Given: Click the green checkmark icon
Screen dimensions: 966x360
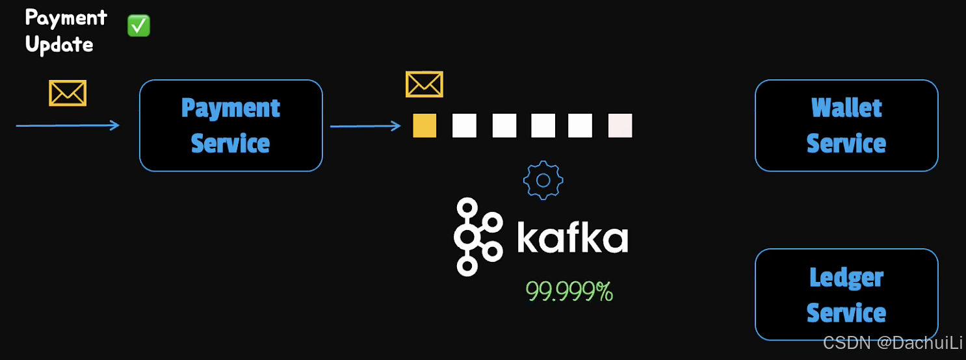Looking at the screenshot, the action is pyautogui.click(x=138, y=26).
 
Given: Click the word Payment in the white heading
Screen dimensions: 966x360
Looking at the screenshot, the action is pyautogui.click(x=66, y=18).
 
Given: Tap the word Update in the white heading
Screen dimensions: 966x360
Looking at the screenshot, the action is pyautogui.click(x=59, y=44).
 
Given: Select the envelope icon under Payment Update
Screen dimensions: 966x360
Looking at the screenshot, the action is pyautogui.click(x=68, y=93).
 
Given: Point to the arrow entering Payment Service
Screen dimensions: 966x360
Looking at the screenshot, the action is pyautogui.click(x=68, y=125).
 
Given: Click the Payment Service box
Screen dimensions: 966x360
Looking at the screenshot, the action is pyautogui.click(x=231, y=125).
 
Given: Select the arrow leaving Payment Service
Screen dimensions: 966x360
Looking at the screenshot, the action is pyautogui.click(x=365, y=125).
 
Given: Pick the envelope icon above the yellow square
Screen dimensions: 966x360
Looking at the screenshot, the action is pyautogui.click(x=424, y=84).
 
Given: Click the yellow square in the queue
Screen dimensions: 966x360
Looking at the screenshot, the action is pyautogui.click(x=424, y=125).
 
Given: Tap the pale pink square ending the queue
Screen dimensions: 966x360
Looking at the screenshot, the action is pyautogui.click(x=620, y=125).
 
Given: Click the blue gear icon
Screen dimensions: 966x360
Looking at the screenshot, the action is pyautogui.click(x=543, y=180).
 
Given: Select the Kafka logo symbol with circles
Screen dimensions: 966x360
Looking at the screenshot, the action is pyautogui.click(x=477, y=237).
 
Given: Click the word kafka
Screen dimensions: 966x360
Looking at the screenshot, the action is pyautogui.click(x=572, y=238).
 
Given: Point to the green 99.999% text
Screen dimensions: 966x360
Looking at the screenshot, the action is pyautogui.click(x=569, y=292).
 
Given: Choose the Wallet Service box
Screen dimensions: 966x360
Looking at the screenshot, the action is pyautogui.click(x=846, y=125).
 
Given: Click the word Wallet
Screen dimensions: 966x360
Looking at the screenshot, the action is pyautogui.click(x=846, y=108).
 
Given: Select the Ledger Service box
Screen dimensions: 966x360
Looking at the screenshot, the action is pyautogui.click(x=846, y=294).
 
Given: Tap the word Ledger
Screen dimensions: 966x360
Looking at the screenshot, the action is pyautogui.click(x=846, y=277).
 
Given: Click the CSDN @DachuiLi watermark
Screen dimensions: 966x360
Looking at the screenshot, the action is pyautogui.click(x=893, y=343).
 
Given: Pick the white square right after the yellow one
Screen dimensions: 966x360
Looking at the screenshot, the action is pyautogui.click(x=464, y=125).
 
